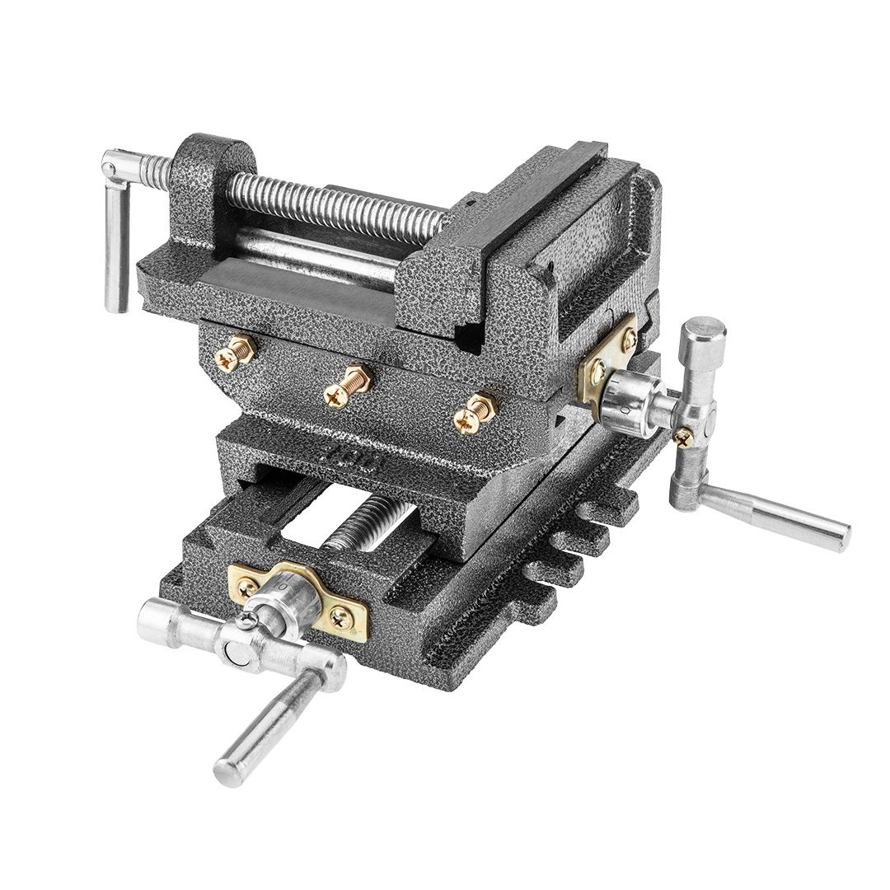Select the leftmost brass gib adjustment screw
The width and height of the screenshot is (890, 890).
click(x=226, y=355)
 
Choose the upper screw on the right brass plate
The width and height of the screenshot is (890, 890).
click(x=630, y=336)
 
